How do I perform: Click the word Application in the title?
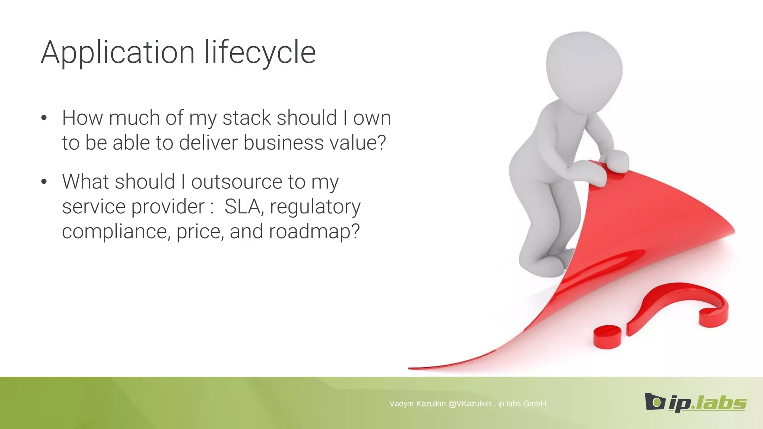tap(118, 53)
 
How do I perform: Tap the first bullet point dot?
tap(44, 118)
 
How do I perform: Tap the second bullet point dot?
tap(44, 182)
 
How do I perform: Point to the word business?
tap(284, 143)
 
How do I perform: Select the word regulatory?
tap(315, 207)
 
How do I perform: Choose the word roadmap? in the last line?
tap(314, 232)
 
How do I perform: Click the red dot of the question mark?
tap(607, 336)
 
